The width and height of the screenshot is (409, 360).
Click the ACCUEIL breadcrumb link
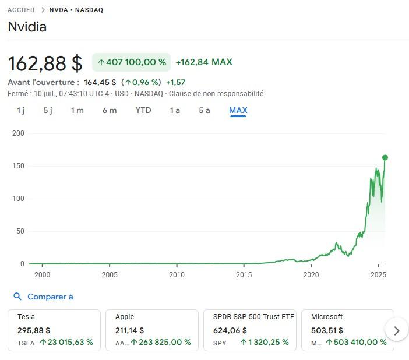point(22,10)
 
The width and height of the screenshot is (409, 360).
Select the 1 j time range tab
point(20,110)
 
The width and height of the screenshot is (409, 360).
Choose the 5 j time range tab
point(48,110)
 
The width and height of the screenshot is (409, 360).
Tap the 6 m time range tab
point(110,110)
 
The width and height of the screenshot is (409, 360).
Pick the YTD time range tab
point(143,110)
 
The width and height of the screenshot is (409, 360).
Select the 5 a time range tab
point(204,110)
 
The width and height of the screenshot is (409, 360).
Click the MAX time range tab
point(238,110)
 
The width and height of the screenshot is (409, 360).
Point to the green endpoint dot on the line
point(385,157)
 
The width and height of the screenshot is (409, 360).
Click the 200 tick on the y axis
point(18,133)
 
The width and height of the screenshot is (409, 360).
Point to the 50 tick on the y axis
point(20,231)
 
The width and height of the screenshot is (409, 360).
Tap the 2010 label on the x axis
point(177,275)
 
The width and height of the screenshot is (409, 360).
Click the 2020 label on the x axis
point(311,275)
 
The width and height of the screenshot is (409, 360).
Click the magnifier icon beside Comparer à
point(17,297)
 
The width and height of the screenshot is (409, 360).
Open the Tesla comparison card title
point(26,317)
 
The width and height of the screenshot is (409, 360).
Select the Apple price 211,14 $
point(129,330)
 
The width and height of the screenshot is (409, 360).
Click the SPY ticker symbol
point(220,343)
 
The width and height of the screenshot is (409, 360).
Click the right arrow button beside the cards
point(397,330)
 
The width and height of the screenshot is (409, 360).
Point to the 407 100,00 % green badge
point(132,62)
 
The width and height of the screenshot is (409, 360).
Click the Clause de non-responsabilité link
point(216,94)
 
